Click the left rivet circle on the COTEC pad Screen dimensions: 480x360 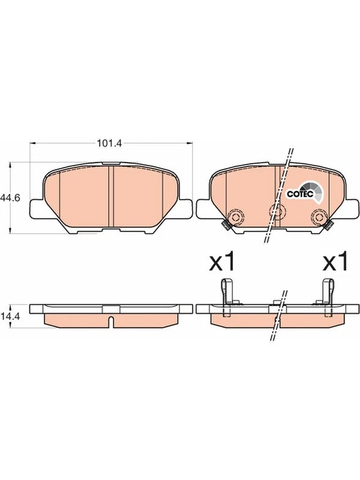point(235,217)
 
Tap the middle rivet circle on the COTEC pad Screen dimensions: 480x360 point(277,209)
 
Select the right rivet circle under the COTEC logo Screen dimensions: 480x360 point(318,217)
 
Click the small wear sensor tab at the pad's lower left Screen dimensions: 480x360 point(225,226)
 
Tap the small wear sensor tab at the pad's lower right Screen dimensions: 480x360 point(328,226)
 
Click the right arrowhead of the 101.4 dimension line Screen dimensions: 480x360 point(191,143)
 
